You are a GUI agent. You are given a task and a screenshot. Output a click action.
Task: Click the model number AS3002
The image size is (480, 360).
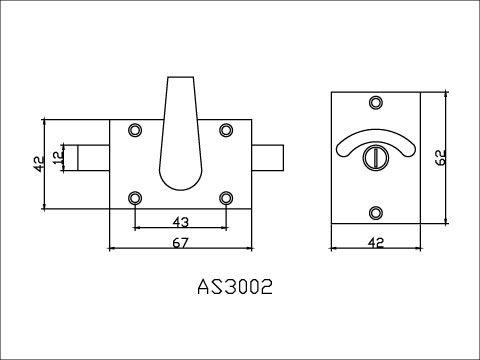tap(237, 287)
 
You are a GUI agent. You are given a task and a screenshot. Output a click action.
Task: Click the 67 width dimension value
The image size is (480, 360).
tap(182, 241)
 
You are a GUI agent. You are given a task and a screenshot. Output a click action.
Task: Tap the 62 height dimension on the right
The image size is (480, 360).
tap(439, 156)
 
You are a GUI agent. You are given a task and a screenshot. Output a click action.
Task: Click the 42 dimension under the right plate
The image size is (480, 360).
tap(376, 241)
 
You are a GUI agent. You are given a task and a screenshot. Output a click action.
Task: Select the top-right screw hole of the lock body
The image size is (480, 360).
tap(227, 129)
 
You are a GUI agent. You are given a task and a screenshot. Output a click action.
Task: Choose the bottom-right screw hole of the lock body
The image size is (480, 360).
tap(227, 196)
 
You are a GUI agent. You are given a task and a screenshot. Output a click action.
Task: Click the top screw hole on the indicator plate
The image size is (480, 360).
tap(376, 103)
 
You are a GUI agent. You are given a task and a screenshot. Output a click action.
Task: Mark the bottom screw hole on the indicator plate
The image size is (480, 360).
tap(376, 211)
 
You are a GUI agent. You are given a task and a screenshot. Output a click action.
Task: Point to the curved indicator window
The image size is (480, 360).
tap(376, 140)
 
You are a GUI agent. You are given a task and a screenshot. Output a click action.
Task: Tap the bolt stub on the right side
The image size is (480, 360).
tap(269, 158)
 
